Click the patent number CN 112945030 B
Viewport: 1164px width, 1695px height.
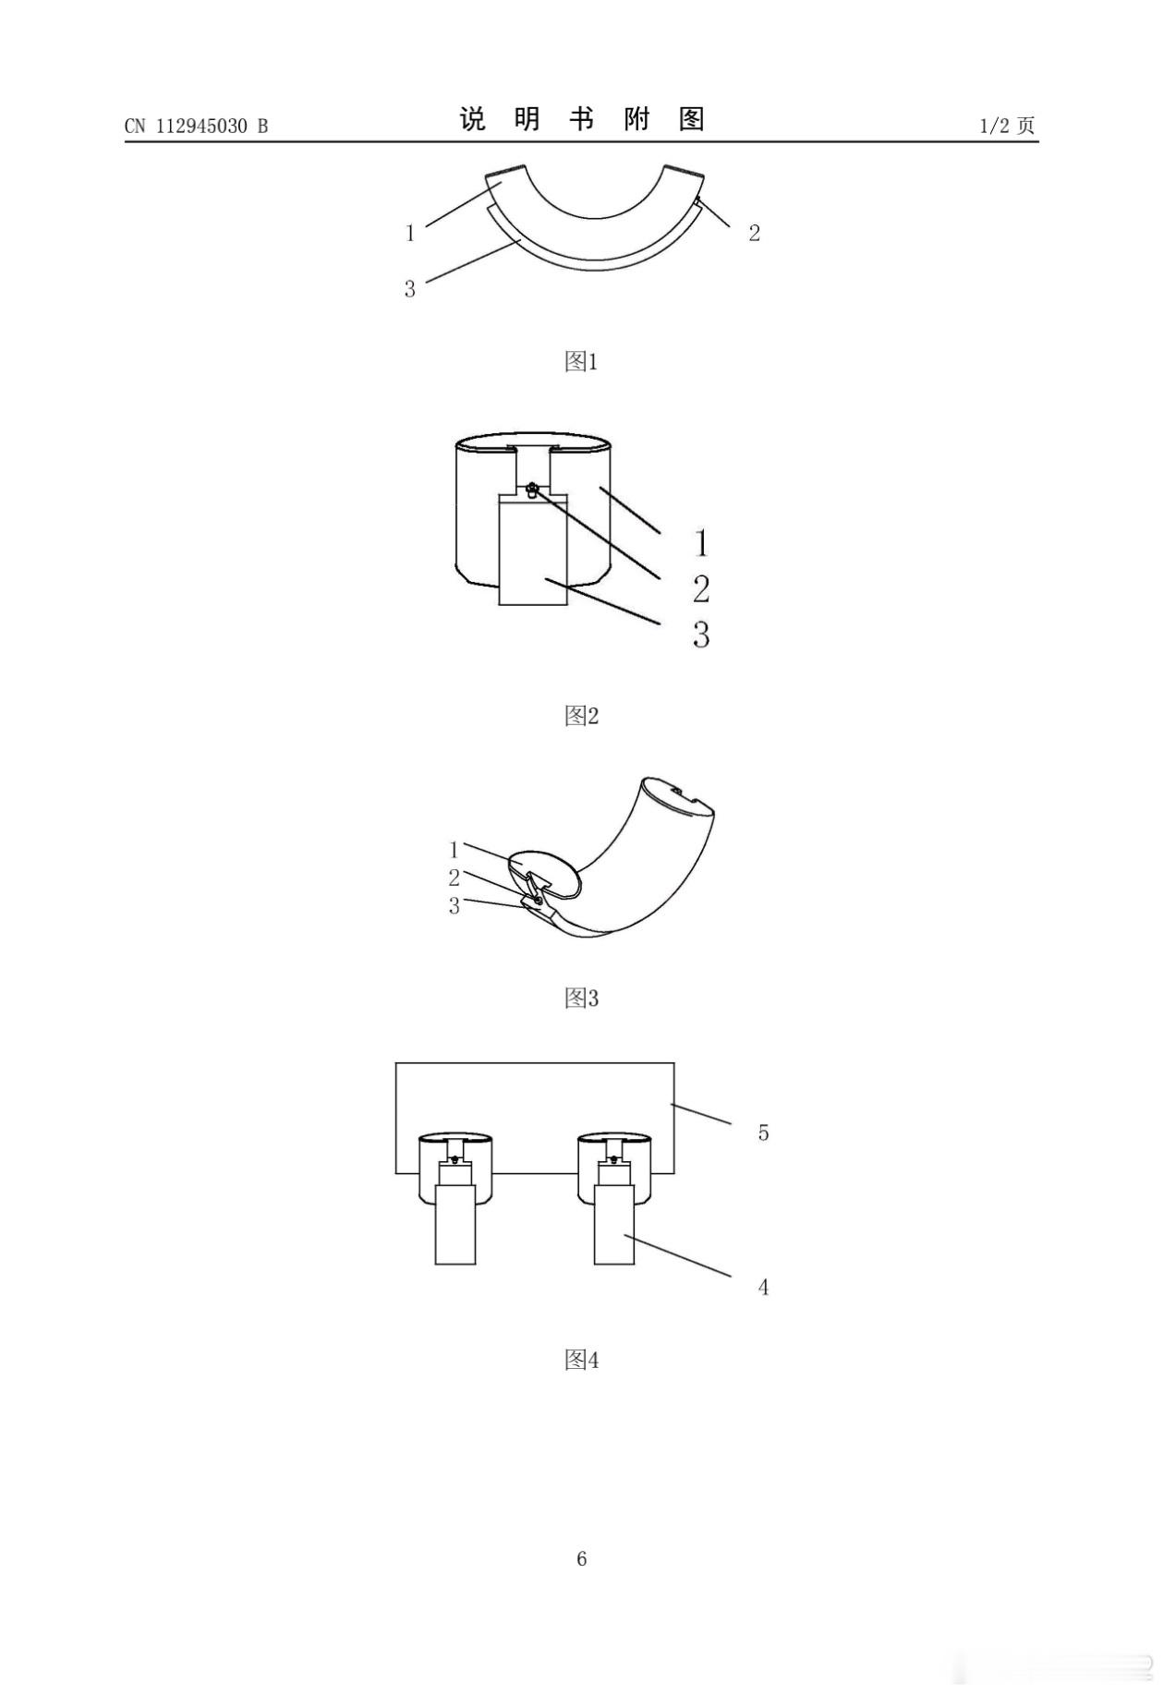[x=196, y=127]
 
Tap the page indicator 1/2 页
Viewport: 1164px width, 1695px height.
[x=1007, y=126]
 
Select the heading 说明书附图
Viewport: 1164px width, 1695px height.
[x=582, y=119]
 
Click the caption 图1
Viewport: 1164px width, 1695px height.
[x=581, y=361]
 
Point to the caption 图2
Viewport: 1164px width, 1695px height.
[x=581, y=715]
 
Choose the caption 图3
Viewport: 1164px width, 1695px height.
[x=581, y=998]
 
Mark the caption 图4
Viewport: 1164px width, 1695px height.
[x=581, y=1360]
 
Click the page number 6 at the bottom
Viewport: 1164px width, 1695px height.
[x=582, y=1558]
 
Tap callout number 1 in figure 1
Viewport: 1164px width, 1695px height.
[x=410, y=233]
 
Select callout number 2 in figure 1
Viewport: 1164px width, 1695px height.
[x=754, y=233]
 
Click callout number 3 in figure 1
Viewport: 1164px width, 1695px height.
[x=410, y=289]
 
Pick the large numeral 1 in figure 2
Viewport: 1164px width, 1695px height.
[x=702, y=542]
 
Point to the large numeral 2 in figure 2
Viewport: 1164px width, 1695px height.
[x=701, y=588]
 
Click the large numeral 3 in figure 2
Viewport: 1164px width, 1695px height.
[x=701, y=635]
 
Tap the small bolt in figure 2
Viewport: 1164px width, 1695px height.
[x=532, y=490]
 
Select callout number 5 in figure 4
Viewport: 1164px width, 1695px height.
[x=763, y=1132]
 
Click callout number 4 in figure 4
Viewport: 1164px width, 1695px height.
[x=763, y=1287]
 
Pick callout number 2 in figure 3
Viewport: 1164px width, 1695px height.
[x=454, y=878]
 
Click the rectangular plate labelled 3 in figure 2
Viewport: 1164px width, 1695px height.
[x=533, y=550]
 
